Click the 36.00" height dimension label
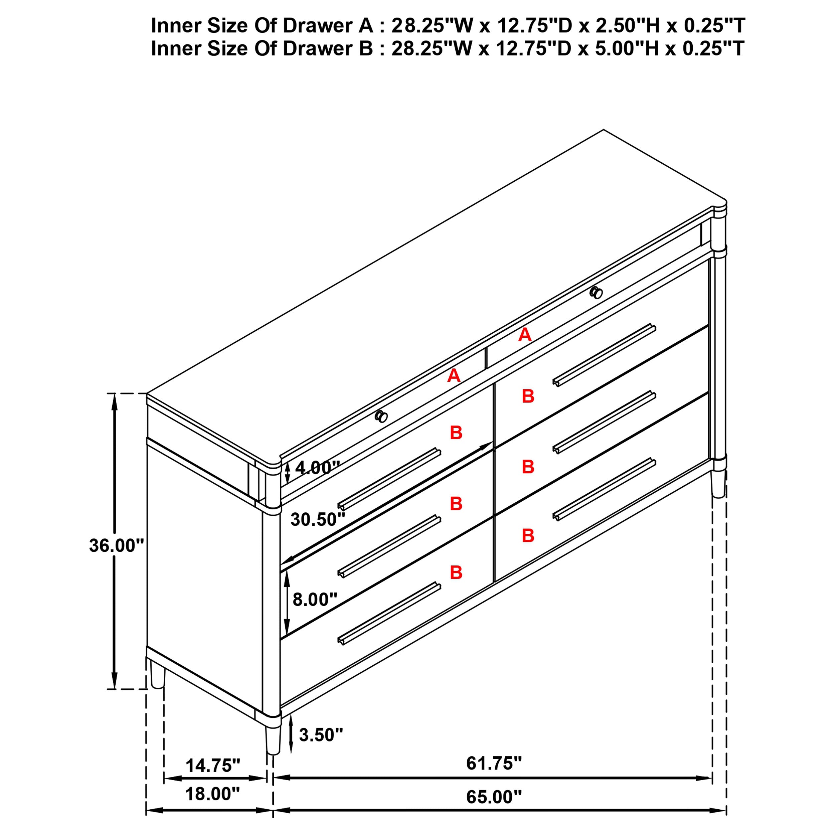(116, 546)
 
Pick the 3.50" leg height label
(321, 735)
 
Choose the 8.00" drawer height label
(315, 600)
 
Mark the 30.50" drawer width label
(318, 519)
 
